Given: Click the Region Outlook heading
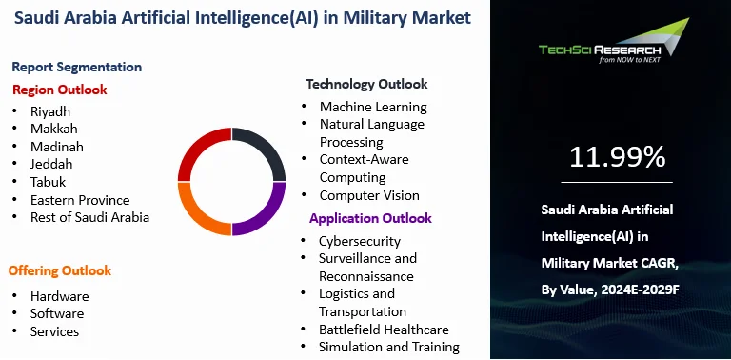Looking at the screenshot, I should (x=59, y=90).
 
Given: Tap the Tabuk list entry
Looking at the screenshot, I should (x=49, y=182).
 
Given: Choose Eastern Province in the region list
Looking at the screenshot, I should (x=79, y=200).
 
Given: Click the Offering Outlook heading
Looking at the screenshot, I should (x=60, y=270).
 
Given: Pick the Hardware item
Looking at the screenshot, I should (x=59, y=295).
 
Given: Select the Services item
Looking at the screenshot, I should (x=54, y=331).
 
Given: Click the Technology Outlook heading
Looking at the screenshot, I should (x=366, y=84).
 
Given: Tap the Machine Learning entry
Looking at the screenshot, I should (x=373, y=107).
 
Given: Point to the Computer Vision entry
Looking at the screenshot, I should (x=369, y=195).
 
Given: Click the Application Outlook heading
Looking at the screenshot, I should (x=370, y=218).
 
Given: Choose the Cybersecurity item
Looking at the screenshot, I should (x=360, y=241).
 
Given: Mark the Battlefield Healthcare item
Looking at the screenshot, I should (x=384, y=330).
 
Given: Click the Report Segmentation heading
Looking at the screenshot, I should (x=77, y=67).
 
